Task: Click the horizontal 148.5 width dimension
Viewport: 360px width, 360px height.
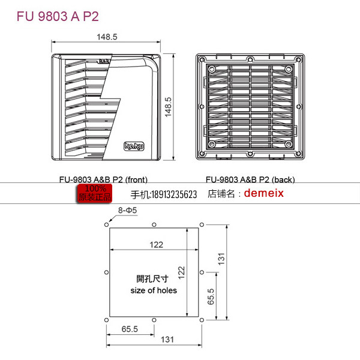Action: click(x=107, y=37)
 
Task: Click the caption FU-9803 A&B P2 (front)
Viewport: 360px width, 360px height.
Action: click(x=103, y=179)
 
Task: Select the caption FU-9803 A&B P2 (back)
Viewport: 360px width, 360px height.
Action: click(x=250, y=179)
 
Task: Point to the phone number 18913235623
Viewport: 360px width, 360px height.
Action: click(x=164, y=194)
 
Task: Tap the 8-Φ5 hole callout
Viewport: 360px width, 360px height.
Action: click(x=127, y=211)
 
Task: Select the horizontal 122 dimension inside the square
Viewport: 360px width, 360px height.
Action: click(x=157, y=244)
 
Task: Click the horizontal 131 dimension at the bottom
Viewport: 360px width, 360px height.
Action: click(x=167, y=339)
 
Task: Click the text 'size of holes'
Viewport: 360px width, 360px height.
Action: click(x=154, y=290)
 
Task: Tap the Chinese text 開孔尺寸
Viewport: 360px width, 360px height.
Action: click(x=152, y=279)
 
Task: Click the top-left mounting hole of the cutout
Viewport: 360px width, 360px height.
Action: click(x=107, y=225)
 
